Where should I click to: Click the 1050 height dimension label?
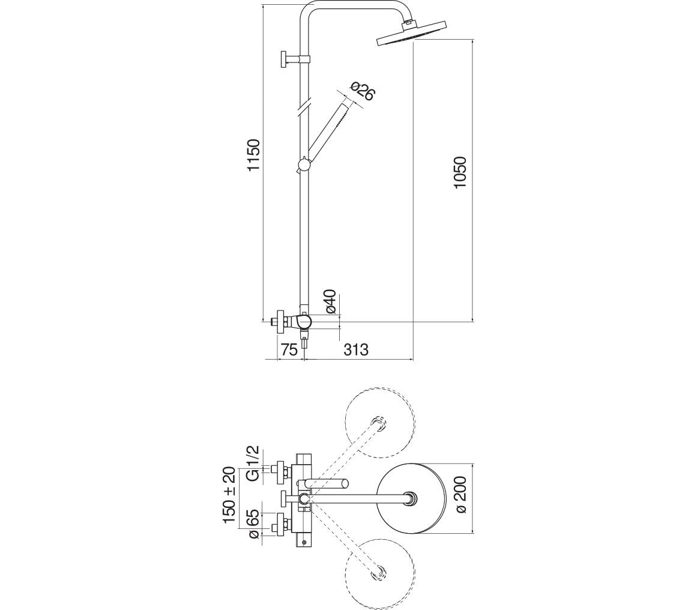coord(460,172)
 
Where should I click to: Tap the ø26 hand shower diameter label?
coord(361,91)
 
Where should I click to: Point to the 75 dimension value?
coord(289,349)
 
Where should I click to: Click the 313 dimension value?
coord(356,349)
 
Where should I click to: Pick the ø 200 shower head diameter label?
coord(460,495)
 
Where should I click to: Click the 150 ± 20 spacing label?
coord(230,495)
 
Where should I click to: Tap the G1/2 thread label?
coord(252,463)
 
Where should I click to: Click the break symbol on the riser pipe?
coord(304,107)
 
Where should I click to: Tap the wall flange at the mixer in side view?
coord(279,322)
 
